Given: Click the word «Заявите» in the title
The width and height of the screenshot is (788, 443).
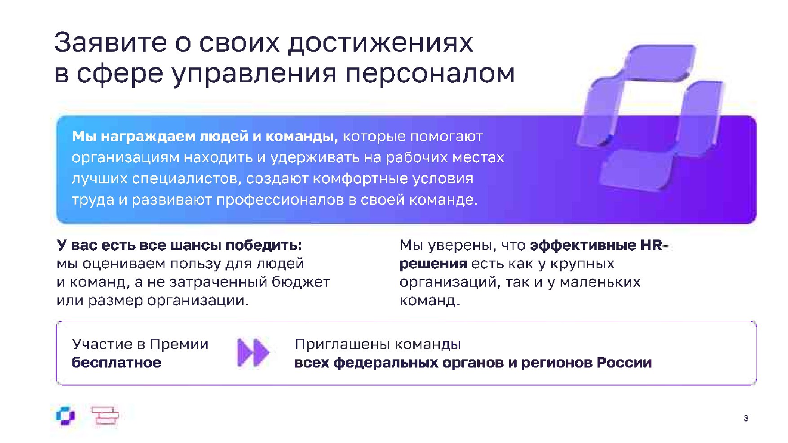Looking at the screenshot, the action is point(111,43).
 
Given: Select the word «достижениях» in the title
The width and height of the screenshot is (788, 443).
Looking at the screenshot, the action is point(381,44).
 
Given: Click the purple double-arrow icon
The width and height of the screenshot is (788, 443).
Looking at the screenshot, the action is point(253,353).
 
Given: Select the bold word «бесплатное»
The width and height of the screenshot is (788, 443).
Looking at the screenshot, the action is point(116,363).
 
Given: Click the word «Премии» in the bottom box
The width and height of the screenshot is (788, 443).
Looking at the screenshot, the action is point(179,345).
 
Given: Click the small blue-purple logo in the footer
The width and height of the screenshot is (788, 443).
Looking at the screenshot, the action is point(65,416).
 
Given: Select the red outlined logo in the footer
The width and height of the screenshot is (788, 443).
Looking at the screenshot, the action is point(105,415).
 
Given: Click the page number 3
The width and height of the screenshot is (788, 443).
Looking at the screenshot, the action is point(746,418).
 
